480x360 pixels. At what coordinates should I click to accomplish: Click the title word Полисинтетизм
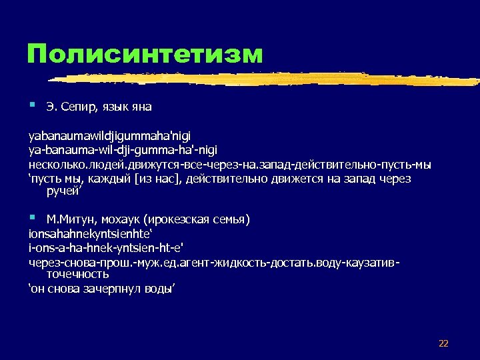pos(145,54)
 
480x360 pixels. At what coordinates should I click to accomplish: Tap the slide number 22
pos(443,343)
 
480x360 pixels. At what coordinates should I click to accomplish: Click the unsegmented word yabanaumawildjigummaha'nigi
pos(108,137)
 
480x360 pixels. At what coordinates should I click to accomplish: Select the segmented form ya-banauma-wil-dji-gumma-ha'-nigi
pos(122,151)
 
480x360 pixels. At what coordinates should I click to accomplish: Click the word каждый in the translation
pos(108,179)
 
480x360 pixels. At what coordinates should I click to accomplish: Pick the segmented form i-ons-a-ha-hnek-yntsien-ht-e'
pos(95,249)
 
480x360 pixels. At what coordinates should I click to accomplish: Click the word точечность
pos(77,274)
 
